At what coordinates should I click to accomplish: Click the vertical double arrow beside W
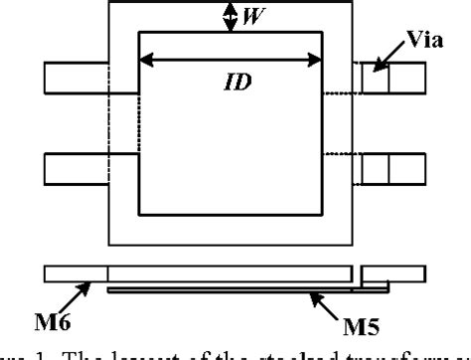(x=231, y=15)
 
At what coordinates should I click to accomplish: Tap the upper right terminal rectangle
(x=392, y=79)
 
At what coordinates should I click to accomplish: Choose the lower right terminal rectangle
(x=392, y=168)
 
